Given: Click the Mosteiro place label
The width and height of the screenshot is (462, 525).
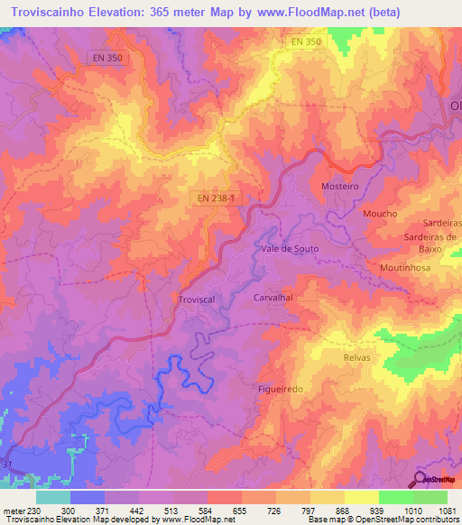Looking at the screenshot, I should click(x=340, y=186).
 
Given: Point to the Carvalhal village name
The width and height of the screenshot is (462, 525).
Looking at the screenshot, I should click(x=274, y=296).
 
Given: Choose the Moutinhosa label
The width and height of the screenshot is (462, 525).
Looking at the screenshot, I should click(x=405, y=269).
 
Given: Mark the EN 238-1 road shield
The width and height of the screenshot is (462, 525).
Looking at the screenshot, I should click(x=215, y=197).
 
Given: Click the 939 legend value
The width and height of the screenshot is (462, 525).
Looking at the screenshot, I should click(x=365, y=510).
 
